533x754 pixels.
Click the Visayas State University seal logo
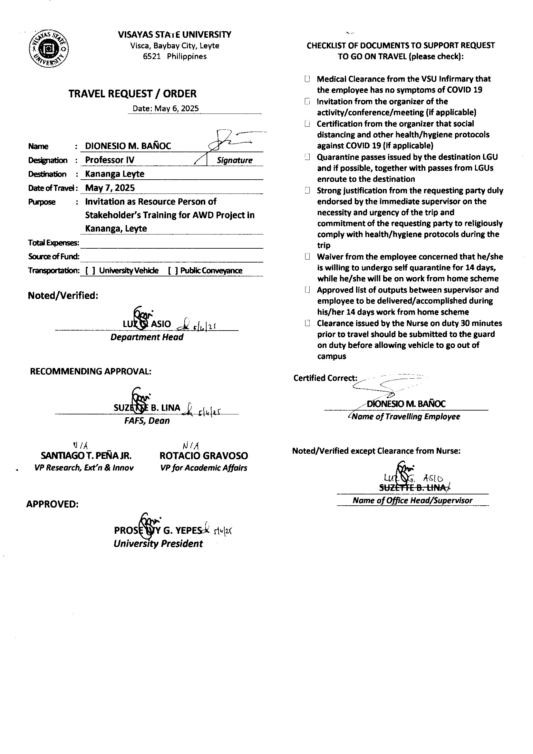click(x=49, y=49)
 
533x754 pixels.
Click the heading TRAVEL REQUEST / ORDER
click(x=132, y=94)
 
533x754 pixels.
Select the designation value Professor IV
click(x=110, y=160)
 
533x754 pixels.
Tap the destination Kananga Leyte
click(x=114, y=174)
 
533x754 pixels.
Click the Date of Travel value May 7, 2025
click(x=110, y=188)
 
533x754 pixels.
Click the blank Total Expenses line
click(x=171, y=244)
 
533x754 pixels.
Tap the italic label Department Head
click(x=147, y=337)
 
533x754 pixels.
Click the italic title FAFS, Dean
click(x=147, y=421)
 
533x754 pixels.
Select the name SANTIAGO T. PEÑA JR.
click(x=86, y=456)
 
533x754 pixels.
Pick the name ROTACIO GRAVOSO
click(x=203, y=456)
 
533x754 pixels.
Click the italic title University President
click(x=158, y=544)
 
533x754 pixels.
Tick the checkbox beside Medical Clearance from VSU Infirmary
click(x=307, y=79)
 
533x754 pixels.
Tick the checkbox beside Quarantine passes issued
click(x=307, y=157)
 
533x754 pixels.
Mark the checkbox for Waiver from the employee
click(x=307, y=256)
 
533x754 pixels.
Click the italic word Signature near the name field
click(x=234, y=160)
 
